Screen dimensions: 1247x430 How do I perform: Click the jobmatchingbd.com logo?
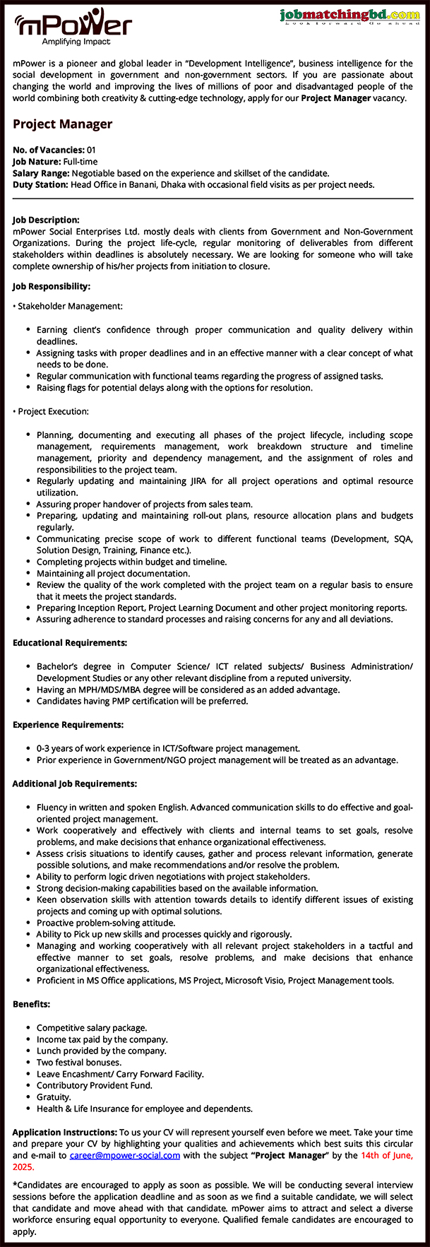[x=349, y=16]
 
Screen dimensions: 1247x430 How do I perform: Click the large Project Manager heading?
[x=62, y=124]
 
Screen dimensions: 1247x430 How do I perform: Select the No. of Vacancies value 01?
[x=92, y=150]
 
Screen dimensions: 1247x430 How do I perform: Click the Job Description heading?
[x=46, y=220]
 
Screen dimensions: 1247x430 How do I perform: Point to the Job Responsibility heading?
[x=51, y=286]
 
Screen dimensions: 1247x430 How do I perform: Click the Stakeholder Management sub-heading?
[x=69, y=306]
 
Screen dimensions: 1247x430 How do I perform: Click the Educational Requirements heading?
[x=70, y=643]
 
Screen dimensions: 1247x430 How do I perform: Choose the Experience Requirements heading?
[x=68, y=725]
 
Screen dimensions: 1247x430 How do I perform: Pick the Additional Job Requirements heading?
[x=75, y=784]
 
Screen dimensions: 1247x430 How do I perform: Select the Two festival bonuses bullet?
[x=79, y=1062]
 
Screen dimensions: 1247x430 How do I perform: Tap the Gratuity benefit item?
[x=54, y=1097]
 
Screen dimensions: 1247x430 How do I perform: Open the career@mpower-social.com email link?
[x=124, y=1156]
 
